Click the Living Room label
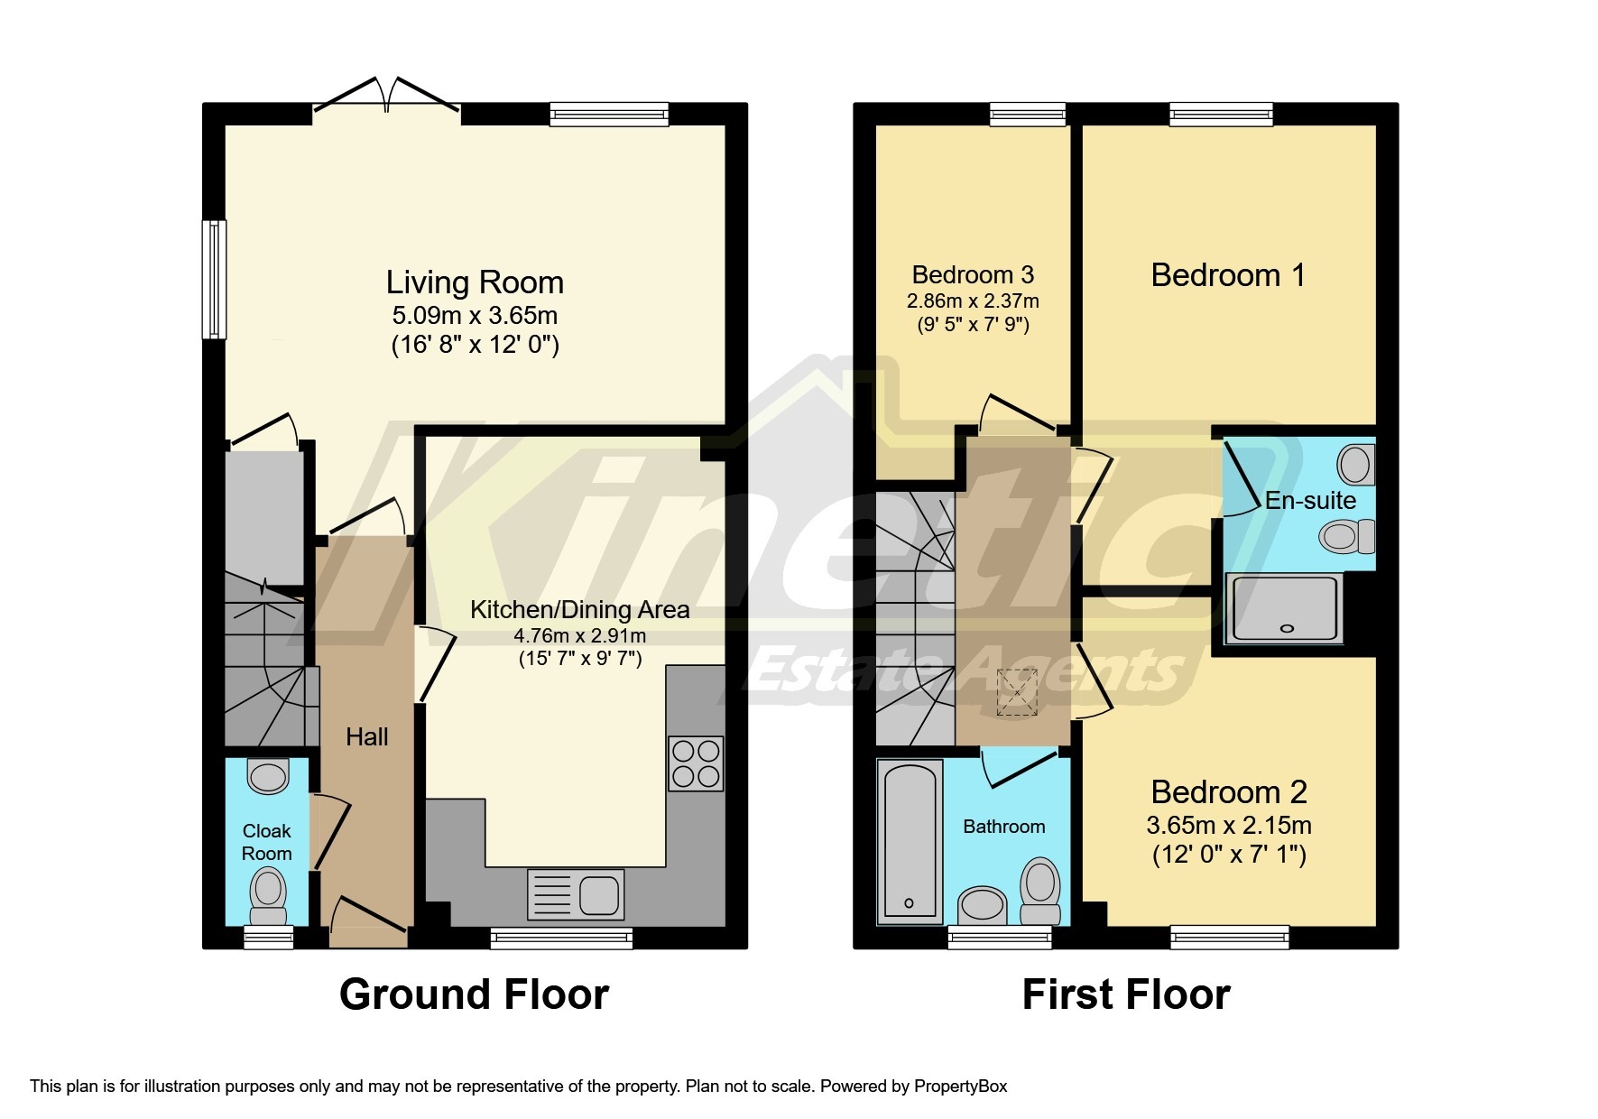point(475,282)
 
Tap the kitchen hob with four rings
point(695,763)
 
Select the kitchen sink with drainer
point(576,894)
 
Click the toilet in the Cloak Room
point(268,892)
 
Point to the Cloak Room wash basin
point(268,776)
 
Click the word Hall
point(366,737)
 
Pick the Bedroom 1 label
point(1228,275)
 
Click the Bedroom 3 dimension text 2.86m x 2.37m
point(973,301)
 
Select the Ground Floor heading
point(474,994)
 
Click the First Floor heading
point(1125,994)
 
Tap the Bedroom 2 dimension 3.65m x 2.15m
point(1228,825)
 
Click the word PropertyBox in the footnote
point(960,1087)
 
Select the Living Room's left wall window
point(214,279)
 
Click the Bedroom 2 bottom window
point(1229,938)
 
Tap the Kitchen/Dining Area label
point(579,610)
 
